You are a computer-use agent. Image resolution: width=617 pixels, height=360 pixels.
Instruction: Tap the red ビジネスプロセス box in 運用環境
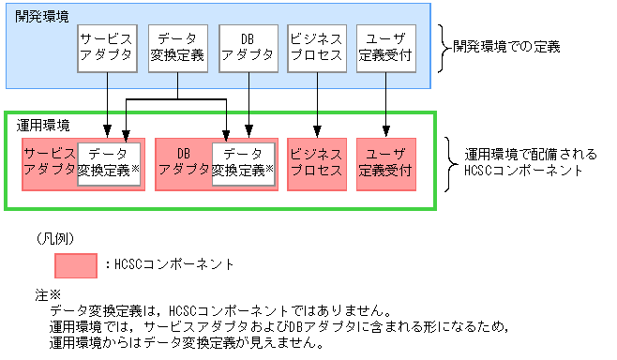[x=317, y=163]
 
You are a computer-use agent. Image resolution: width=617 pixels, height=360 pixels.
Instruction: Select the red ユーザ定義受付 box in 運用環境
[x=386, y=163]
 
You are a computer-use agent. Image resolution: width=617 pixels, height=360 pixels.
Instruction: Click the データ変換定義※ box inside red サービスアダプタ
[x=110, y=164]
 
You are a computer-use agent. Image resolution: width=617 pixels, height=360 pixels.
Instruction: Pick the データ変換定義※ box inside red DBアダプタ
[x=244, y=164]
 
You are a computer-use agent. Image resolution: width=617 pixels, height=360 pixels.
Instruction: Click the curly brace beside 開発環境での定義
[x=444, y=45]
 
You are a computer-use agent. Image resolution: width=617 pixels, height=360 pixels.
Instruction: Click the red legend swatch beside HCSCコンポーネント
[x=76, y=264]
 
